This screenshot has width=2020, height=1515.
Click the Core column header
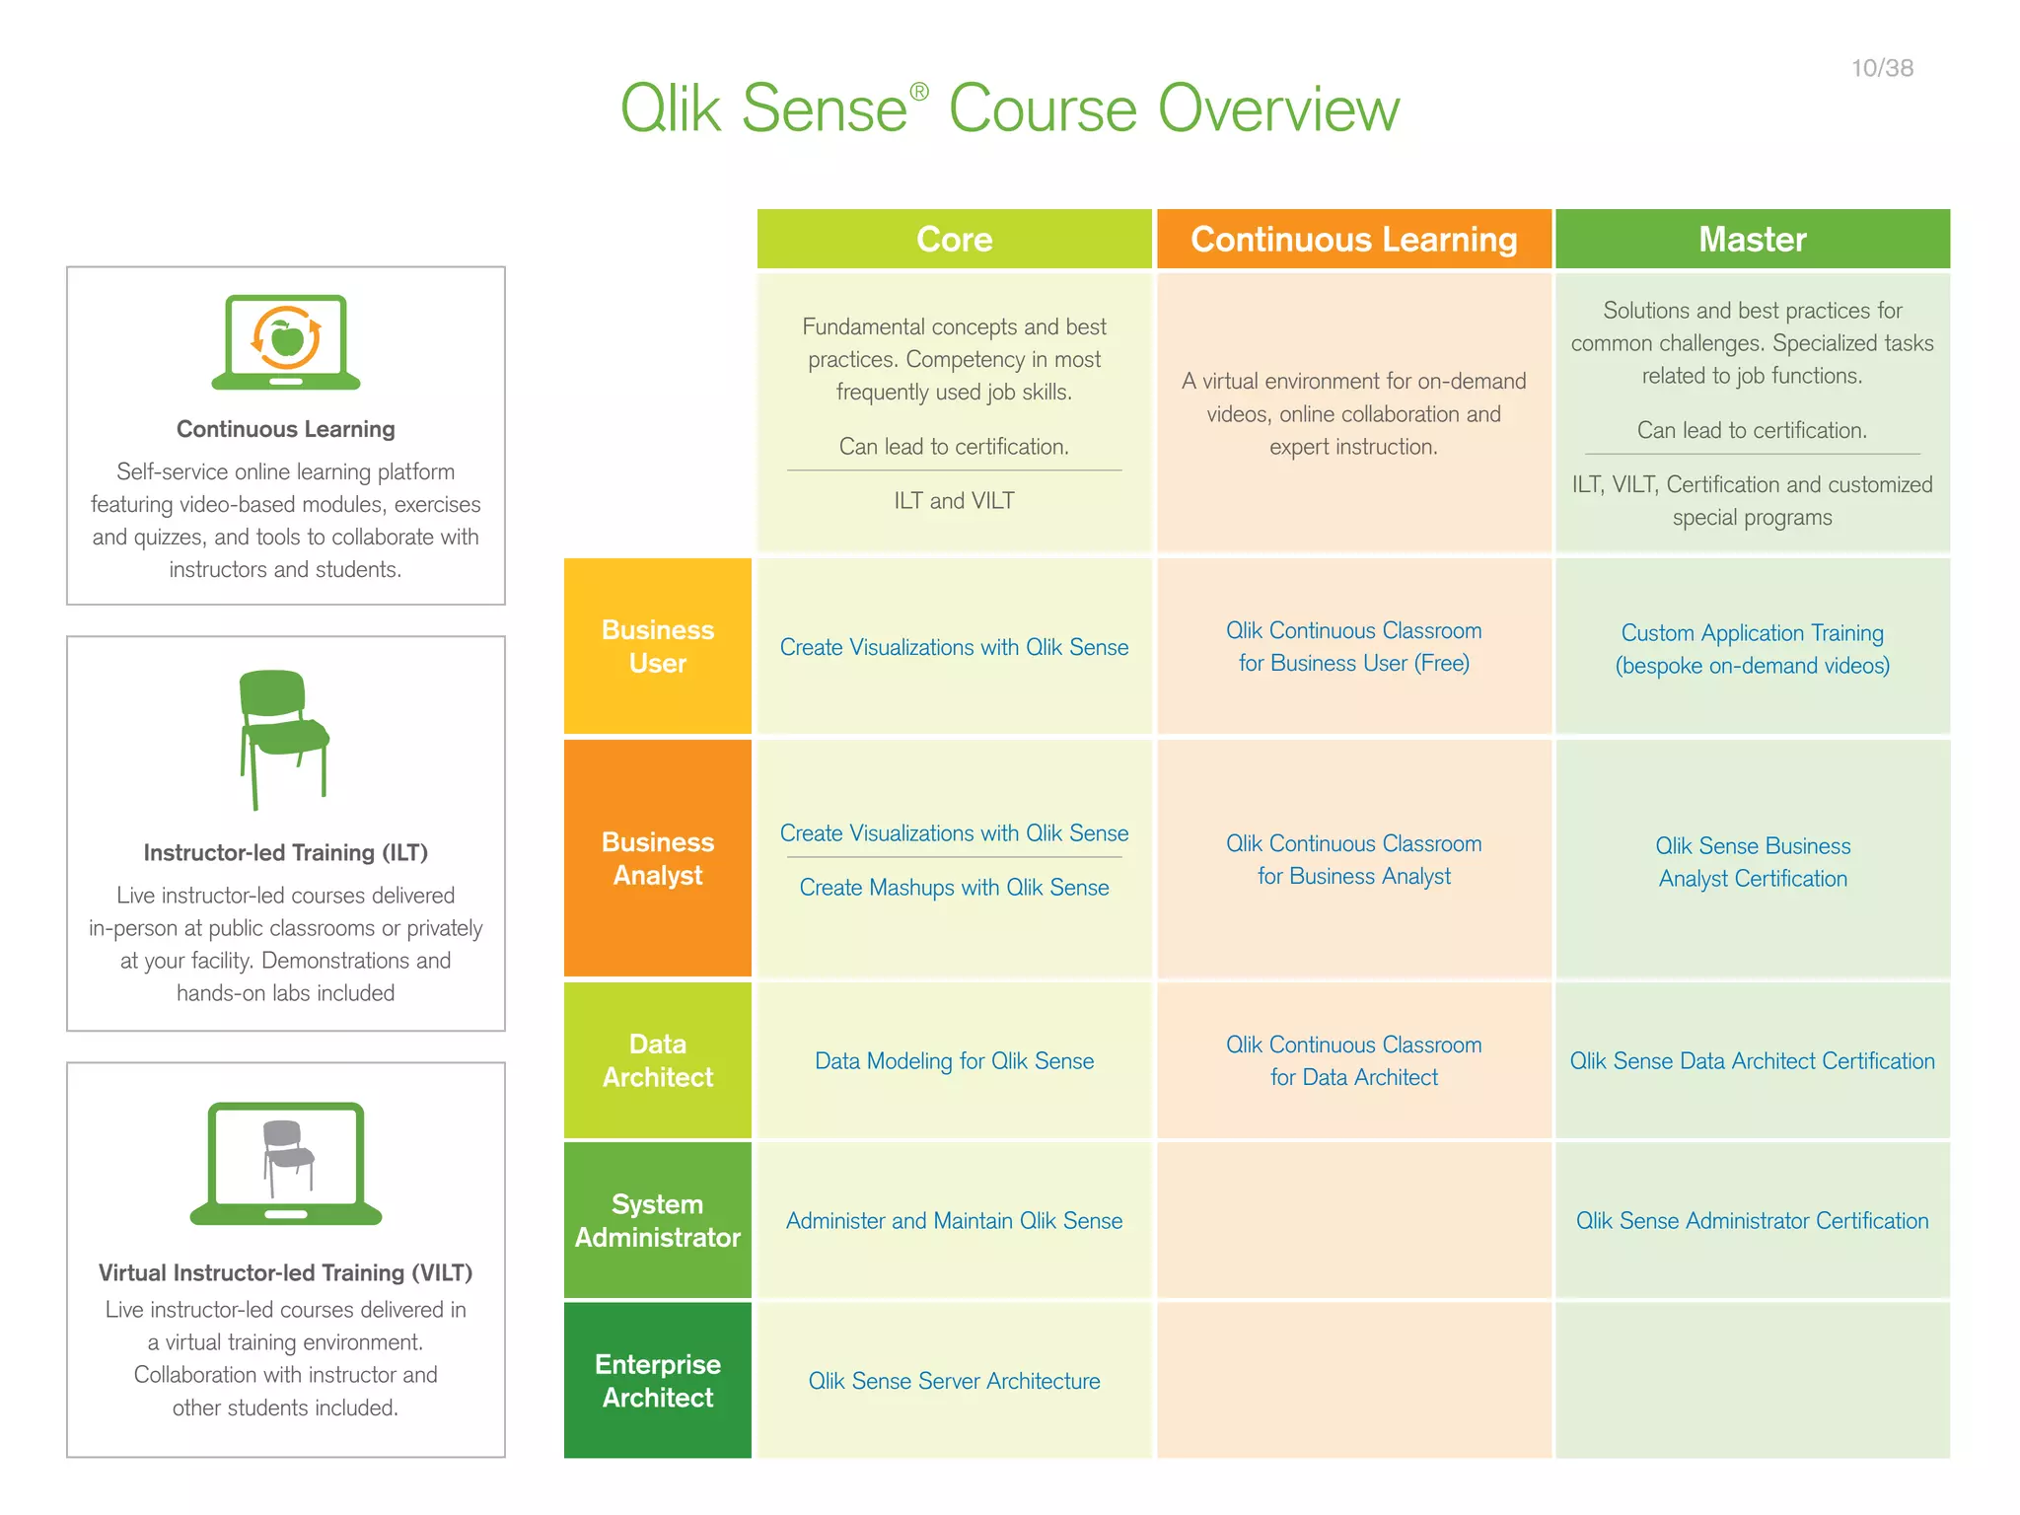click(954, 239)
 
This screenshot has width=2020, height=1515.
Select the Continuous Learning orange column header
click(1353, 239)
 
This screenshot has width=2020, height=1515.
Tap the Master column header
click(1752, 239)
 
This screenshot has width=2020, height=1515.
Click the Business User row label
click(657, 646)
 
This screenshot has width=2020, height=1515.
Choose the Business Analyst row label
click(657, 858)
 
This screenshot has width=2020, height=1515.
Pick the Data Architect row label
click(657, 1060)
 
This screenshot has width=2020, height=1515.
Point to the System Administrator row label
click(657, 1220)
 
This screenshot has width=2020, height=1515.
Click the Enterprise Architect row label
click(657, 1380)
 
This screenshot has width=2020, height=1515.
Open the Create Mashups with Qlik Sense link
click(954, 888)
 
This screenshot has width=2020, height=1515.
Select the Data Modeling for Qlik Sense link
click(954, 1061)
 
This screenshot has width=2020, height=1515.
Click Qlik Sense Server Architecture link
click(954, 1381)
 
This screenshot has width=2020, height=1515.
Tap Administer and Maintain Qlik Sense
click(954, 1221)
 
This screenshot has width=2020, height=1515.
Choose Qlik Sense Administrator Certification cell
click(1752, 1221)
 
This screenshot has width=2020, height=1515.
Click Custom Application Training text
click(1752, 633)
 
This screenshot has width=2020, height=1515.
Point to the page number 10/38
click(1882, 68)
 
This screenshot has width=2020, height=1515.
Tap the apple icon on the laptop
click(287, 339)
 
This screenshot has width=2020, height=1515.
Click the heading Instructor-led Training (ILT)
click(285, 852)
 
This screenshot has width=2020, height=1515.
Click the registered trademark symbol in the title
click(918, 92)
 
